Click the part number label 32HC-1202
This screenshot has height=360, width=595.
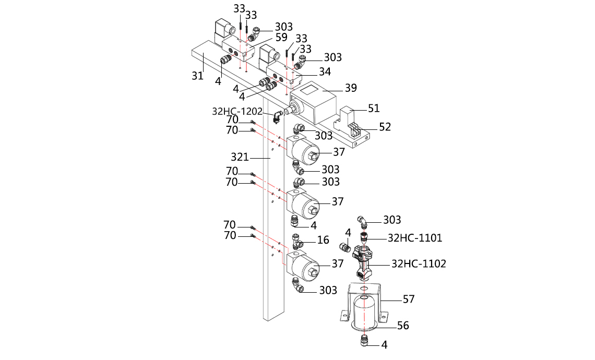pyautogui.click(x=236, y=111)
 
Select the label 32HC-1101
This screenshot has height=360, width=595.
pyautogui.click(x=415, y=238)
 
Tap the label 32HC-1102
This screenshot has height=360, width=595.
pyautogui.click(x=419, y=264)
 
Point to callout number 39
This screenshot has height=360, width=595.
pyautogui.click(x=351, y=88)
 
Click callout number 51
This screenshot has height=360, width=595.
pyautogui.click(x=374, y=109)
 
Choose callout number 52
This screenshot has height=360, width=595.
pyautogui.click(x=385, y=127)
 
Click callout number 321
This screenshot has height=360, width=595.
pyautogui.click(x=240, y=157)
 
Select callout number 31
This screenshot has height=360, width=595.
pyautogui.click(x=197, y=76)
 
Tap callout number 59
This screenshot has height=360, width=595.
pyautogui.click(x=281, y=38)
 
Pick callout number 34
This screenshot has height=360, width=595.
pyautogui.click(x=325, y=71)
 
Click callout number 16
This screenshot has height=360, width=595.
pyautogui.click(x=323, y=239)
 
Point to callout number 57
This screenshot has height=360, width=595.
pyautogui.click(x=409, y=299)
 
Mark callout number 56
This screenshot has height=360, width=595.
pyautogui.click(x=403, y=326)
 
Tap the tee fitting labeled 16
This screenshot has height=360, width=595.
pyautogui.click(x=299, y=241)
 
